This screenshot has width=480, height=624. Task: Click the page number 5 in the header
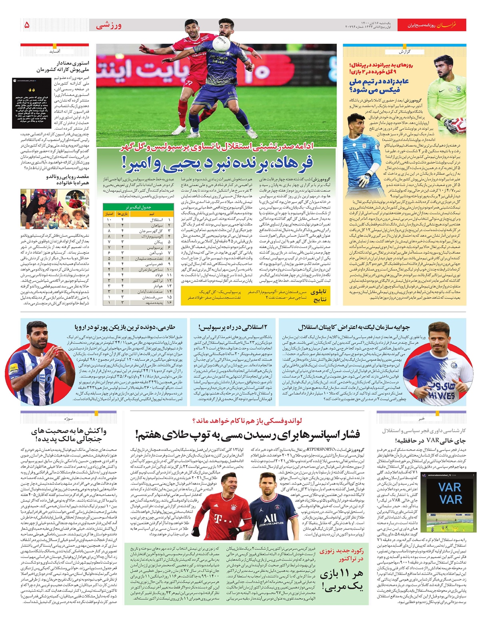27,25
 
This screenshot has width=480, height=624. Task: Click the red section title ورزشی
109,26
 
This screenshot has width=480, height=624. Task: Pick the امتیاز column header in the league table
109,214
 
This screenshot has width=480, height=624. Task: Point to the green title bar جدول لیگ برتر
138,207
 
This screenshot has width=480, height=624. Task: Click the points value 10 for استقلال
109,220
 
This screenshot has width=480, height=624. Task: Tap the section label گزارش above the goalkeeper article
405,52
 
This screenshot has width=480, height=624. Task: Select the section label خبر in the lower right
422,418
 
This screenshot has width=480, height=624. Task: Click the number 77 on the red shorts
189,83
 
